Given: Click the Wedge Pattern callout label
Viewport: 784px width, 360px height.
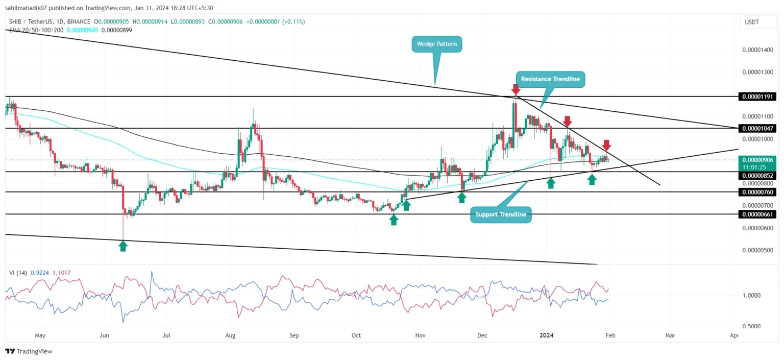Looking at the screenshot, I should (x=436, y=44).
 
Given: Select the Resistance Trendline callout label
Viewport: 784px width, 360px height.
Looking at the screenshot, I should (x=550, y=79).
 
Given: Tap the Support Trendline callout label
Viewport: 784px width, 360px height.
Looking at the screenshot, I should (x=500, y=214).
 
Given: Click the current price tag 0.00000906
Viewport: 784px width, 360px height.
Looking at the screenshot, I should (x=757, y=160).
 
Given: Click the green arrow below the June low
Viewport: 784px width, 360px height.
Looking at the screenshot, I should (x=123, y=246).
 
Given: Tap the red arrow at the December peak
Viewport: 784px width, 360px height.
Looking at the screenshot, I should (x=516, y=90).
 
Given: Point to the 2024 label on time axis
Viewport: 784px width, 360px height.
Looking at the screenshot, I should (x=547, y=335).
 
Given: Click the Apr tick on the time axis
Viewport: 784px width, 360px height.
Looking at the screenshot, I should (x=734, y=335).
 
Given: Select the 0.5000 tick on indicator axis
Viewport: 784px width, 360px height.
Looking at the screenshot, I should (x=753, y=326).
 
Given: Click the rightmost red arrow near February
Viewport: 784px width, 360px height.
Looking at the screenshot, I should (x=606, y=145).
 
